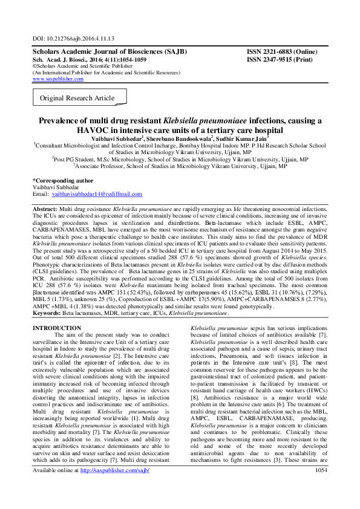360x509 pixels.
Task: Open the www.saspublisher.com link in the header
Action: point(58,79)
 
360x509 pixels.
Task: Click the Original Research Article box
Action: point(77,98)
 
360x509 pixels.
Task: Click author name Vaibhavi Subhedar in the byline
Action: point(121,138)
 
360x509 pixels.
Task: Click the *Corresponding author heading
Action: point(63,180)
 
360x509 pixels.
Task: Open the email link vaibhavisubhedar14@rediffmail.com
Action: point(97,194)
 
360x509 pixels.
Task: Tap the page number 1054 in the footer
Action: point(321,487)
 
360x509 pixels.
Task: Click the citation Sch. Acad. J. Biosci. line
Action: point(88,60)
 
